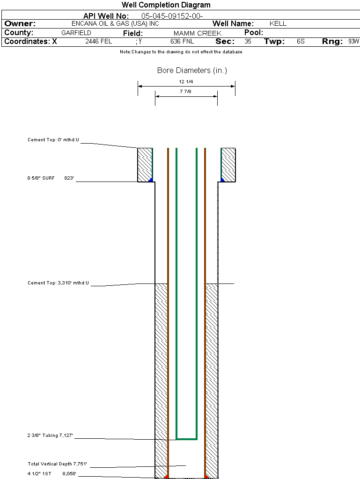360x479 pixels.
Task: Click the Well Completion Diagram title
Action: [166, 5]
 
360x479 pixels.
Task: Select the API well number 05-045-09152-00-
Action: [172, 16]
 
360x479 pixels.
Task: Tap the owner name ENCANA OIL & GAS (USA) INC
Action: [115, 23]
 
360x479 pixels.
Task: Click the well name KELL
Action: [278, 23]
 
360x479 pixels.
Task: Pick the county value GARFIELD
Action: [76, 33]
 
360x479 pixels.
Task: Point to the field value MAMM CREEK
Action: [198, 33]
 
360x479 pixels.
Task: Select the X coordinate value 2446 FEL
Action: [98, 41]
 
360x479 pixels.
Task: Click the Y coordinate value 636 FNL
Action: [182, 41]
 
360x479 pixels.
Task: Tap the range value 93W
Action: [353, 41]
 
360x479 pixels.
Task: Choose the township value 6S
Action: [301, 41]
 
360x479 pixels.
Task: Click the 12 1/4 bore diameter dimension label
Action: [186, 81]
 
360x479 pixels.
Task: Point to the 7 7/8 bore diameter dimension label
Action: [185, 91]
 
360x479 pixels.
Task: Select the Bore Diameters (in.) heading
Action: [192, 70]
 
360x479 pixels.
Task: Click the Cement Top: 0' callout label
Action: [53, 139]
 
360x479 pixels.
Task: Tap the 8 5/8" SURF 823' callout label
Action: [51, 178]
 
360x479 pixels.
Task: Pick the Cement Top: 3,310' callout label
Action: [58, 283]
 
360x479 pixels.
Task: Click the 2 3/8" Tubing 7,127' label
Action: [50, 435]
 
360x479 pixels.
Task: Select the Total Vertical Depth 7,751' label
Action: [58, 464]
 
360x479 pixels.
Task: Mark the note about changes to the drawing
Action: [181, 52]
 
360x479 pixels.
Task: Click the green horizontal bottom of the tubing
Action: [186, 439]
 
